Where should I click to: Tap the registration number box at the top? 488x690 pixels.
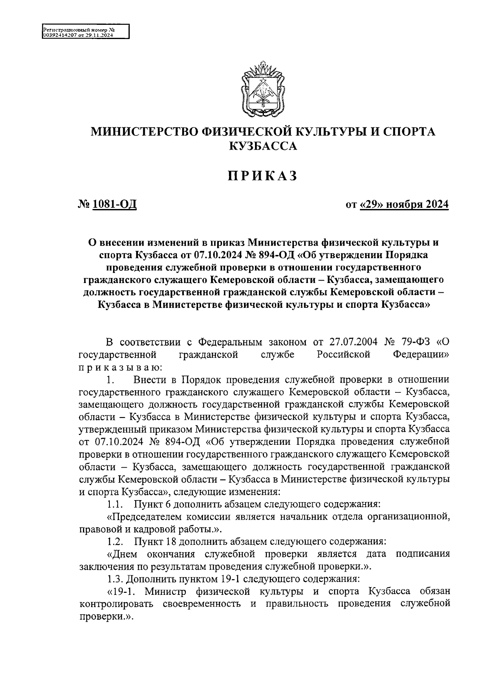85,31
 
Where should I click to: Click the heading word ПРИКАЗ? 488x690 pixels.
262,176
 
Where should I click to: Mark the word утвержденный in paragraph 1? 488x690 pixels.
114,429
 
